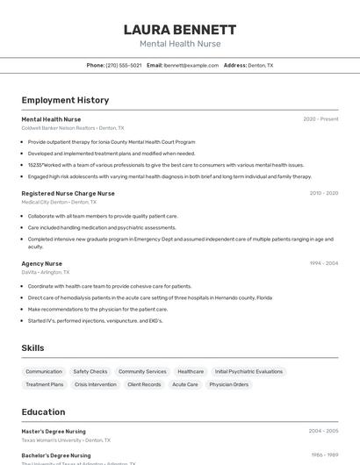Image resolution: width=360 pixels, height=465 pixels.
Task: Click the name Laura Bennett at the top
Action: coord(180,30)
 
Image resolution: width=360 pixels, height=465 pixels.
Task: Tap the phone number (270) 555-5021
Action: coord(123,65)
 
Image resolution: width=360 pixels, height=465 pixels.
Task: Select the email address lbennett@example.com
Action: coord(191,65)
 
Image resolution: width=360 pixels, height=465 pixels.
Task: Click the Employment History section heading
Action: coord(65,100)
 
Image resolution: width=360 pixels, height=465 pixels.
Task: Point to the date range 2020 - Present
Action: coord(320,119)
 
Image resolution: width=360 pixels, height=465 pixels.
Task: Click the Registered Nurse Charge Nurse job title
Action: coord(68,193)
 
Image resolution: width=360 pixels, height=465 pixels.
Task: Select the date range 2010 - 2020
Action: coord(323,193)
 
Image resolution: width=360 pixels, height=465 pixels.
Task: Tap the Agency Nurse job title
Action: coord(41,263)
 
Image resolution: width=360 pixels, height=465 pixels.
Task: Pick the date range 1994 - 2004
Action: coord(323,263)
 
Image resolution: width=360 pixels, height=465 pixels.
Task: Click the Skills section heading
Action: coord(32,347)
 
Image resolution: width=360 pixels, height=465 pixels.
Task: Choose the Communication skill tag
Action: coord(44,371)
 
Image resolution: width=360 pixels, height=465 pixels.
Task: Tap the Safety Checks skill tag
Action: coord(90,371)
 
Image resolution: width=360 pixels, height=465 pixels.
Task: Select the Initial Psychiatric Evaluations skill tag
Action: coord(248,371)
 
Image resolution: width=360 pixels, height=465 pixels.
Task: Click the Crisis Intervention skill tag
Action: coord(96,384)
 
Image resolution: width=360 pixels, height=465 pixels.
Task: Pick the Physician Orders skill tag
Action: coord(228,384)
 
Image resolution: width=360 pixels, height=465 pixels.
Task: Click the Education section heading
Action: coord(43,411)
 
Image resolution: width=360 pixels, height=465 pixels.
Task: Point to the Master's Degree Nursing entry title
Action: coord(54,432)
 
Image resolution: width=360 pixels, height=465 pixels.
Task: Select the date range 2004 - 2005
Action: coord(323,432)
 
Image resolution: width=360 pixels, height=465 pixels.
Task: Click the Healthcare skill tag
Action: coord(191,371)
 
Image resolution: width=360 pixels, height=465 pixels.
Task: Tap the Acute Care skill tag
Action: coord(184,384)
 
